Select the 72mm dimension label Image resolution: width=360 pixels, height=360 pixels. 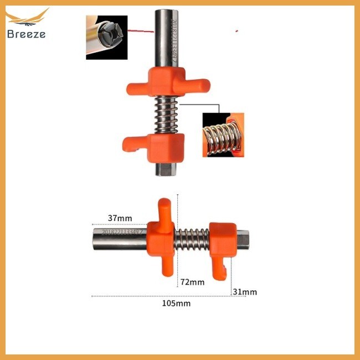[193, 282]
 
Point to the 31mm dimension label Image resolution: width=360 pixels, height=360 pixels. [244, 292]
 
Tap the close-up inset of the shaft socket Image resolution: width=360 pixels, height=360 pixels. [106, 37]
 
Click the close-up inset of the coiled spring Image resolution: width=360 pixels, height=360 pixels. [223, 135]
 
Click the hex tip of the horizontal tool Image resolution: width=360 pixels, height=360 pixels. [243, 238]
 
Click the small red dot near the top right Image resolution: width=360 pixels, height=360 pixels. [236, 30]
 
